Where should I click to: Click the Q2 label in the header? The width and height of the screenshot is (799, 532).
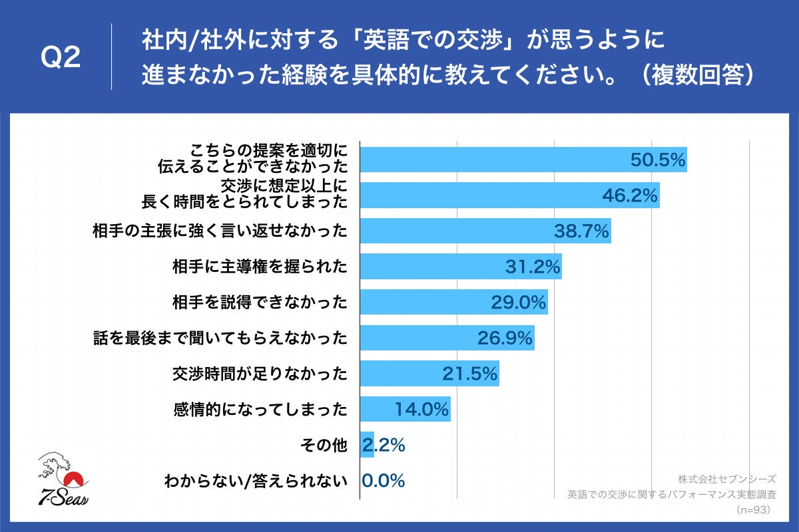(x=61, y=59)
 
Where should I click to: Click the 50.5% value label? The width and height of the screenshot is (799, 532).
(x=657, y=160)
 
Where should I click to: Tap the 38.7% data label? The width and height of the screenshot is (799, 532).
(x=582, y=231)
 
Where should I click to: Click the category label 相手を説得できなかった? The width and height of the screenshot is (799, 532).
(x=260, y=303)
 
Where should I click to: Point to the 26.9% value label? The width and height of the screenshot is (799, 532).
(x=505, y=338)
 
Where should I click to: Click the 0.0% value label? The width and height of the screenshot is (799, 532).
(x=384, y=481)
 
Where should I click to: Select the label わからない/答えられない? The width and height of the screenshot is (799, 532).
(x=256, y=481)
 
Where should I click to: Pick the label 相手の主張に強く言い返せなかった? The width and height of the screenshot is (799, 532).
(x=220, y=231)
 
